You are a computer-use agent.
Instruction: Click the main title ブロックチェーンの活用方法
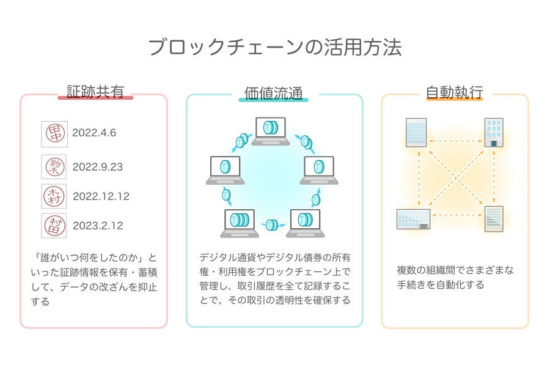275,47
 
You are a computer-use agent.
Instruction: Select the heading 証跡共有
95,92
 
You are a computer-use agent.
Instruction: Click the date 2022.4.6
94,133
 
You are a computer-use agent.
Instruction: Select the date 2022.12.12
101,196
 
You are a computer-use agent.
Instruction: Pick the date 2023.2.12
97,226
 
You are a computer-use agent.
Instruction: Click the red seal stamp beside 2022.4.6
54,133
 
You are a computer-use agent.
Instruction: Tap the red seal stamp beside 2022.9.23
54,166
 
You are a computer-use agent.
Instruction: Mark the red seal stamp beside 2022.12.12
54,196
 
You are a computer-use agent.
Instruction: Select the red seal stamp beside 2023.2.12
54,226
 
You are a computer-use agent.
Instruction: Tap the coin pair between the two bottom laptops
271,224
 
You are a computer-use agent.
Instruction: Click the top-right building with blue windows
494,132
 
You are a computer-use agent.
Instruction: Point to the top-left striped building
417,132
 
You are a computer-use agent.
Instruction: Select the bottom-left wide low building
413,219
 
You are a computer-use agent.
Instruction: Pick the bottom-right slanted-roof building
494,219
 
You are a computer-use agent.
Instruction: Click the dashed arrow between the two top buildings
455,140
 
